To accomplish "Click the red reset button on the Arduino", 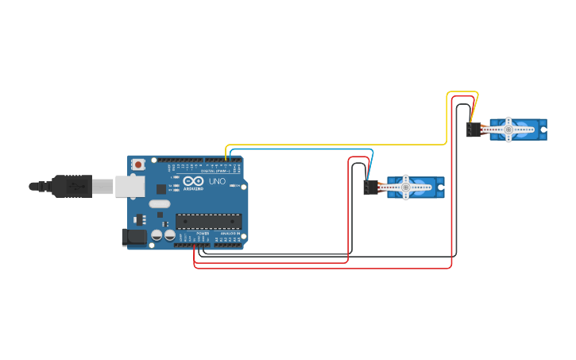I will (x=138, y=165).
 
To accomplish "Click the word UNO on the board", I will (x=217, y=181).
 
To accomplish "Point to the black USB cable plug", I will (x=72, y=186).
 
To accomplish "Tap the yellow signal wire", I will (x=334, y=145).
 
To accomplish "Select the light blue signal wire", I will (x=302, y=149).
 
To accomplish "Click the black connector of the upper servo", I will (x=474, y=130).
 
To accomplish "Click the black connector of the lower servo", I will (x=371, y=188).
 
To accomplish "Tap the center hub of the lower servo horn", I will (x=405, y=188).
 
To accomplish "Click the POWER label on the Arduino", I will (x=203, y=233).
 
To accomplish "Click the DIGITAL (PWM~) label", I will (x=215, y=171).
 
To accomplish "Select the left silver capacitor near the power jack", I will (x=157, y=235).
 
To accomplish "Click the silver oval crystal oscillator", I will (x=160, y=204).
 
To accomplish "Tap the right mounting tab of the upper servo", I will (x=543, y=130).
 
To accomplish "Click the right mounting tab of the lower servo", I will (x=440, y=188).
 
